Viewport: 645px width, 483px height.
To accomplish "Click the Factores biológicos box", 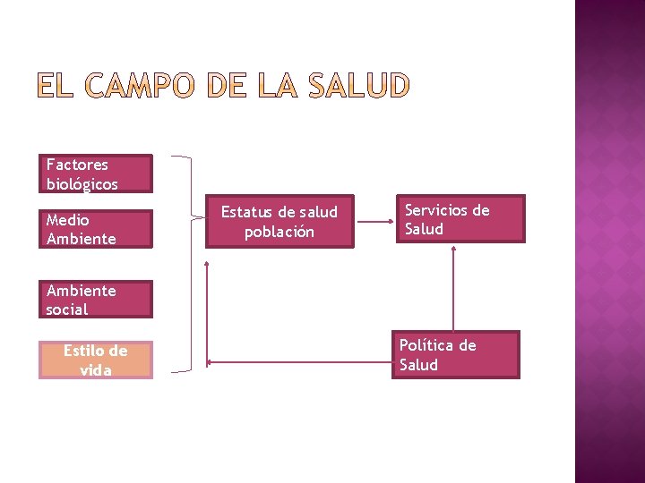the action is click(96, 174).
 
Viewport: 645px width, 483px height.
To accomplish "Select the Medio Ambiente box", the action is click(96, 229).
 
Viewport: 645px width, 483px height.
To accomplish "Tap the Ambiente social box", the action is click(96, 300).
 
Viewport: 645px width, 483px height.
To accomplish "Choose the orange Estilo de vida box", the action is click(96, 360).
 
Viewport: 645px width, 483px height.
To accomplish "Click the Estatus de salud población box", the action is click(279, 222).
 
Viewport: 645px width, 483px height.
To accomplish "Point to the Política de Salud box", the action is click(455, 355).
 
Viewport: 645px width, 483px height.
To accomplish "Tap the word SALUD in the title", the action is click(357, 87).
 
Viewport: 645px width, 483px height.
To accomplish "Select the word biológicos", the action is click(82, 184).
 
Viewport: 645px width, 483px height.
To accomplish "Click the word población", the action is click(279, 232).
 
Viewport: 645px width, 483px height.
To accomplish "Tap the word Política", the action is click(428, 345).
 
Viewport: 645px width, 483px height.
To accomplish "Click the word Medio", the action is click(68, 219).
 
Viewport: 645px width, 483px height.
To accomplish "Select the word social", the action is click(67, 309).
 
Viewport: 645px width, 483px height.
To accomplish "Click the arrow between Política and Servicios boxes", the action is click(453, 286).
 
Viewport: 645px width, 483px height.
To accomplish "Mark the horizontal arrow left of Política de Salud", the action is click(299, 362).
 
